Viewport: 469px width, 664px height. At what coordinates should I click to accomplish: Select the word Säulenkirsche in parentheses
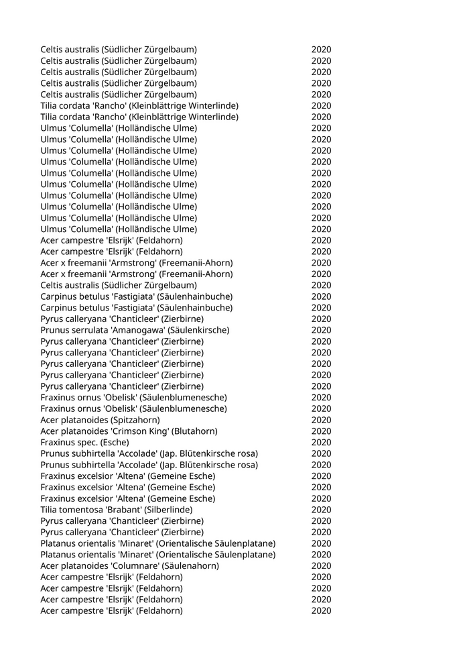pyautogui.click(x=199, y=330)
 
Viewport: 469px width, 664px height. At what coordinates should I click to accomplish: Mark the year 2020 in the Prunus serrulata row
pyautogui.click(x=321, y=330)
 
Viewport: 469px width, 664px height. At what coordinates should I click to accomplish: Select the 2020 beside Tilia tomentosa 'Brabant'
pyautogui.click(x=321, y=510)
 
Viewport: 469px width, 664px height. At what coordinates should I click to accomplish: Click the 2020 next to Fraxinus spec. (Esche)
pyautogui.click(x=321, y=443)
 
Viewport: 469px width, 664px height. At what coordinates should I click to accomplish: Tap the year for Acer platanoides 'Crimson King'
pyautogui.click(x=321, y=431)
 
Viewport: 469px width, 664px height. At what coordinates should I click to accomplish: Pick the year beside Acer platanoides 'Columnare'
pyautogui.click(x=321, y=566)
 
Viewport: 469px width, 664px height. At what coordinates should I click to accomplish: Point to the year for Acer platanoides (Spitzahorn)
pyautogui.click(x=321, y=420)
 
